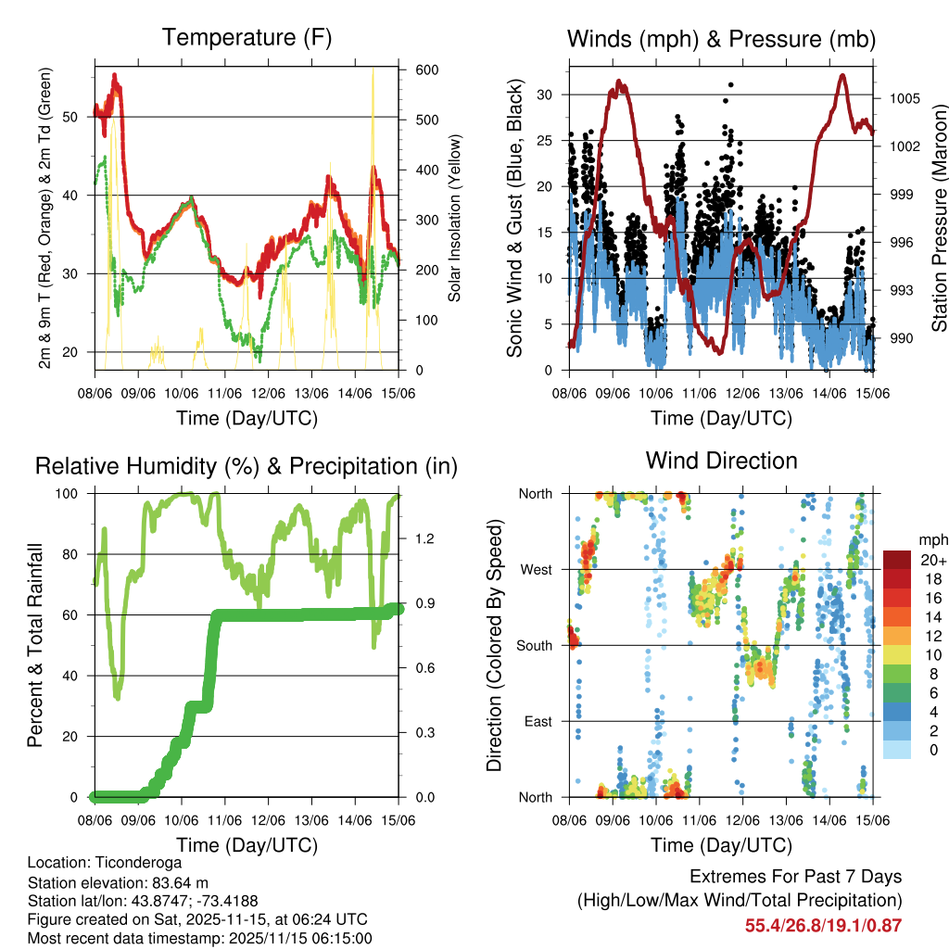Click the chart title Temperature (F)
[x=247, y=38]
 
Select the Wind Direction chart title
[x=721, y=461]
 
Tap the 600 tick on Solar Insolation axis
[x=426, y=70]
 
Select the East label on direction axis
[x=537, y=721]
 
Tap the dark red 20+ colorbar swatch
[x=897, y=560]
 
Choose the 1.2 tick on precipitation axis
[x=425, y=538]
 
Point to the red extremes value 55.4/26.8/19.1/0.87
[x=823, y=925]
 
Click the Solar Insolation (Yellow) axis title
[x=455, y=220]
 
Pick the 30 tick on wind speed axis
[x=545, y=95]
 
